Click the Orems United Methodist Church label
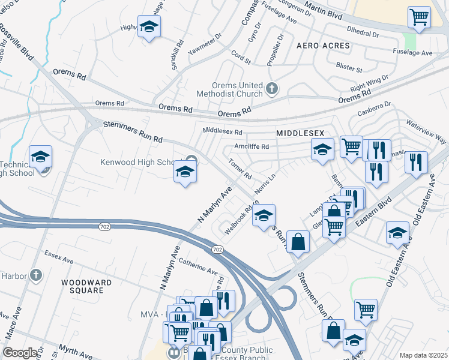[x=229, y=89]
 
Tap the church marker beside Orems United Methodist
[x=271, y=89]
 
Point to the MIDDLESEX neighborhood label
[x=300, y=133]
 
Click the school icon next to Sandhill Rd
[x=149, y=27]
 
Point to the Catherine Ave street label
[x=197, y=268]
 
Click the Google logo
[x=20, y=353]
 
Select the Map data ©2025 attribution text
[x=423, y=355]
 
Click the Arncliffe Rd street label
[x=251, y=146]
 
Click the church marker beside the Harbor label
[x=36, y=275]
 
